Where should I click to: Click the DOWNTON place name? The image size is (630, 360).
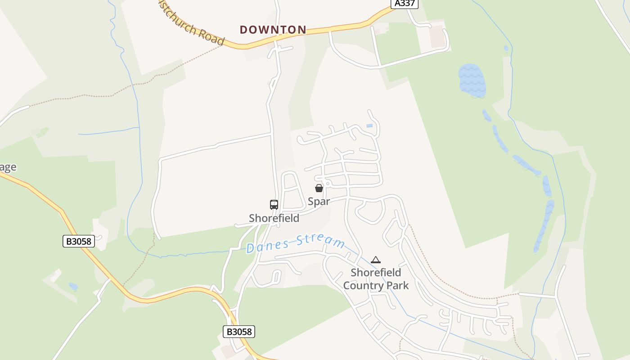pyautogui.click(x=273, y=30)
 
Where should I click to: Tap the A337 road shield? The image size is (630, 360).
pyautogui.click(x=404, y=4)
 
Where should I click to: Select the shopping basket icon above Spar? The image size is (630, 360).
pyautogui.click(x=319, y=188)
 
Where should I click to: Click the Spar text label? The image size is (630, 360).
pyautogui.click(x=319, y=201)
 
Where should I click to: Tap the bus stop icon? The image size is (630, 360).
pyautogui.click(x=274, y=204)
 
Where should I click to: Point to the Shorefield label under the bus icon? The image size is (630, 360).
pyautogui.click(x=274, y=218)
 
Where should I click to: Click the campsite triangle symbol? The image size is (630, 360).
pyautogui.click(x=376, y=260)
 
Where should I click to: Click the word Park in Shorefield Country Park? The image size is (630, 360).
pyautogui.click(x=398, y=286)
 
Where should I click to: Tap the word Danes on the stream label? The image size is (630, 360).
pyautogui.click(x=268, y=246)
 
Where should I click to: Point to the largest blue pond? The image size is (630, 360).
pyautogui.click(x=472, y=80)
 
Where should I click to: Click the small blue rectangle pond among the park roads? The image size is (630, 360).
pyautogui.click(x=369, y=126)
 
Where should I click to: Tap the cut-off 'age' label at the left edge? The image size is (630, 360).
pyautogui.click(x=8, y=167)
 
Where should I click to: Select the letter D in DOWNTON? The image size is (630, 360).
pyautogui.click(x=244, y=30)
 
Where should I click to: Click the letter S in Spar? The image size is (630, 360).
pyautogui.click(x=311, y=201)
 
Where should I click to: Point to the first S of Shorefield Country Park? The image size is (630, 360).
pyautogui.click(x=354, y=273)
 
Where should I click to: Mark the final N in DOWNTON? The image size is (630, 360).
pyautogui.click(x=302, y=30)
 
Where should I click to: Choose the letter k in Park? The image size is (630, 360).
pyautogui.click(x=406, y=286)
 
